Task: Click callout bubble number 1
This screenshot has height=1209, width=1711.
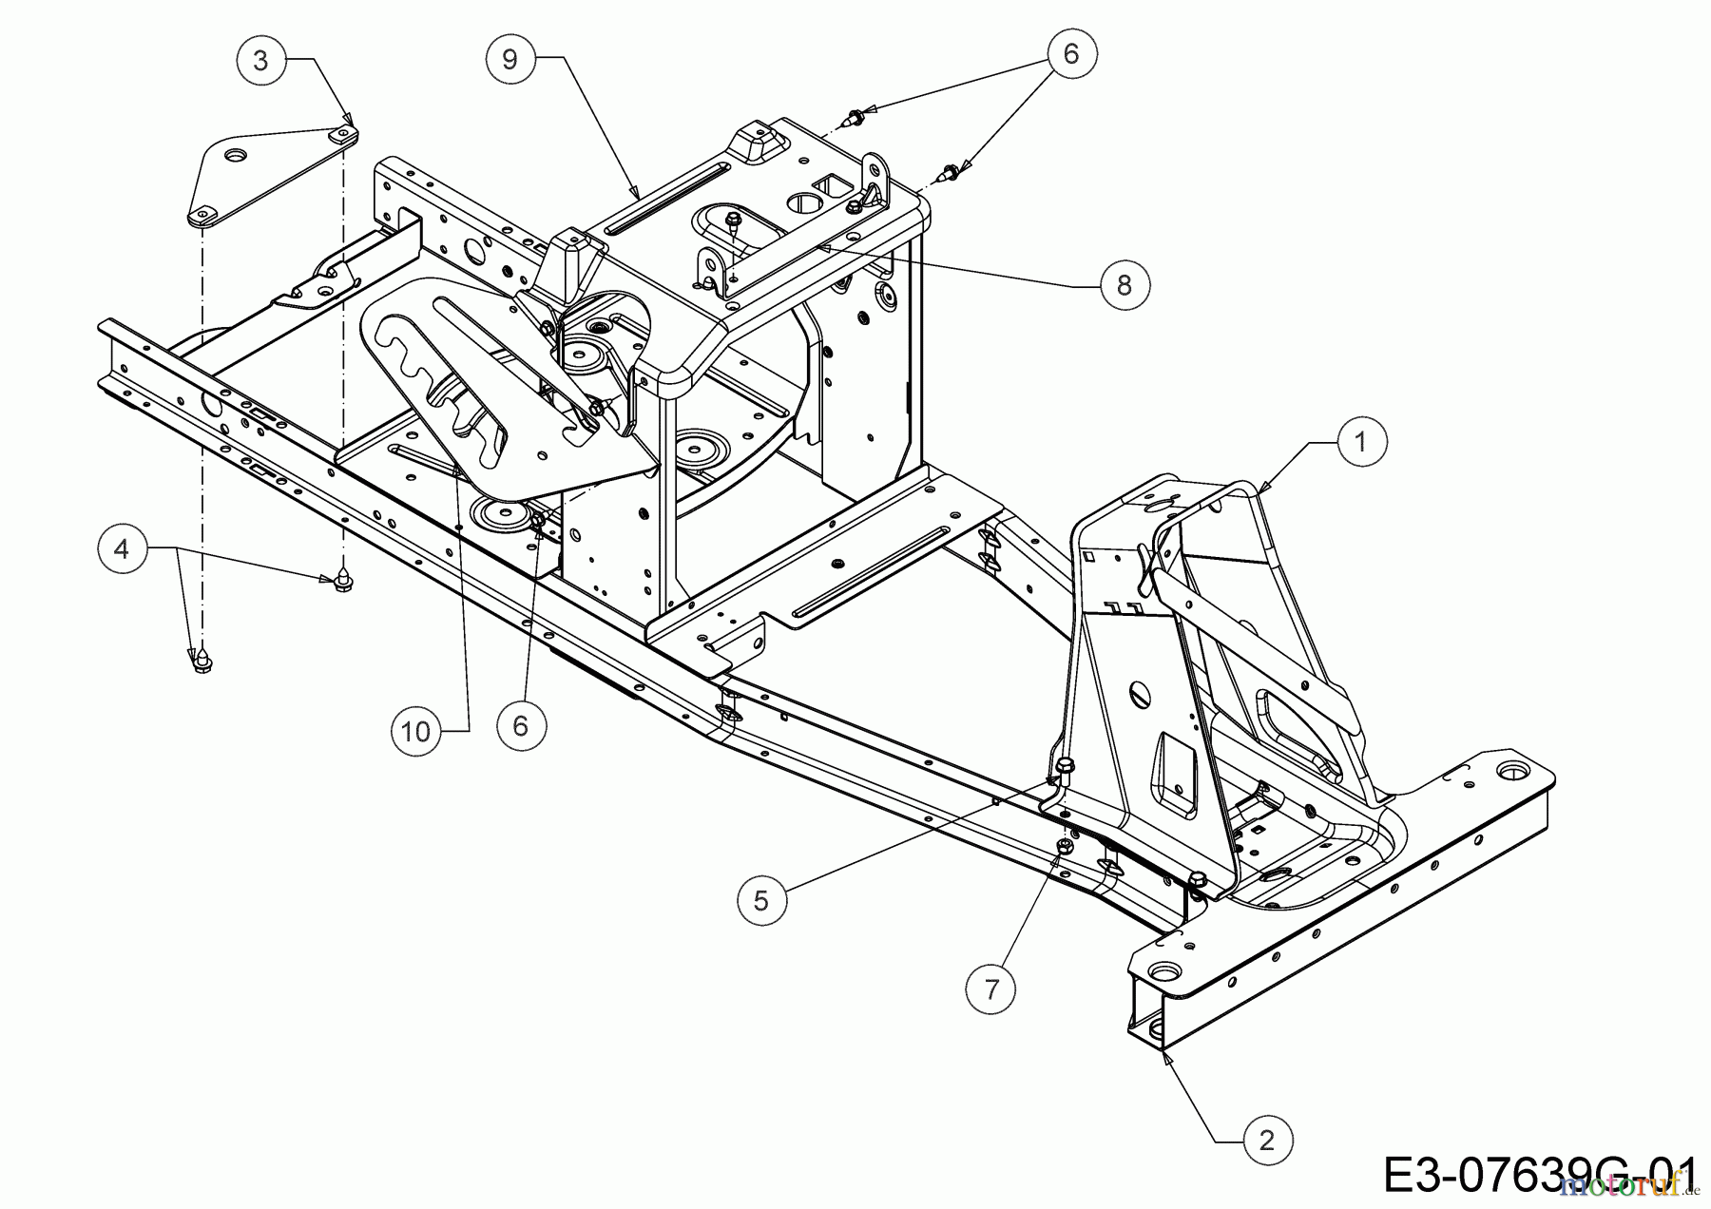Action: (x=1361, y=442)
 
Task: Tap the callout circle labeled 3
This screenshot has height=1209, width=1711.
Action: (x=260, y=61)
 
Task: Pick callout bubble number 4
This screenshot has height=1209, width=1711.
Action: (x=122, y=549)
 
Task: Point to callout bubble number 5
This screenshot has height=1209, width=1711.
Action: (x=761, y=898)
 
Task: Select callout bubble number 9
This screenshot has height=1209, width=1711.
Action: (x=510, y=59)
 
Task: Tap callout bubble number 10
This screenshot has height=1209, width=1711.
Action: (x=416, y=731)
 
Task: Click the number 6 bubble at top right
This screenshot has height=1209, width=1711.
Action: (x=1071, y=54)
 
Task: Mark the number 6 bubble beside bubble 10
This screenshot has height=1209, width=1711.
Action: (x=520, y=724)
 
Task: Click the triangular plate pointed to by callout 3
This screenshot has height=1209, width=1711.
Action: (x=271, y=173)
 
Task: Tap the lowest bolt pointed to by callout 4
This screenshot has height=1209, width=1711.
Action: (x=202, y=662)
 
